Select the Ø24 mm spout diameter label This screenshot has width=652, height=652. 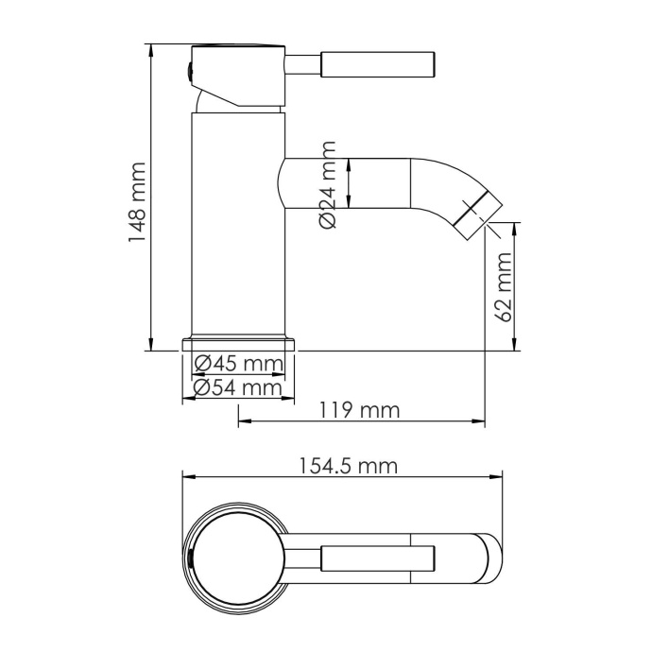click(328, 183)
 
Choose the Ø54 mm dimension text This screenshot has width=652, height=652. click(238, 387)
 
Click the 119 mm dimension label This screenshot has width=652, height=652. click(360, 410)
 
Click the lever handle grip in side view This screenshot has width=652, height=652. click(378, 64)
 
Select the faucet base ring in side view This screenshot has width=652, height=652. click(238, 342)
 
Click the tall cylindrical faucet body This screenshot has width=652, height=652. click(238, 227)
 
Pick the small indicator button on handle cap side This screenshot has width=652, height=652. click(187, 70)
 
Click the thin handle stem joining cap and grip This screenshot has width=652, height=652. click(303, 64)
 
